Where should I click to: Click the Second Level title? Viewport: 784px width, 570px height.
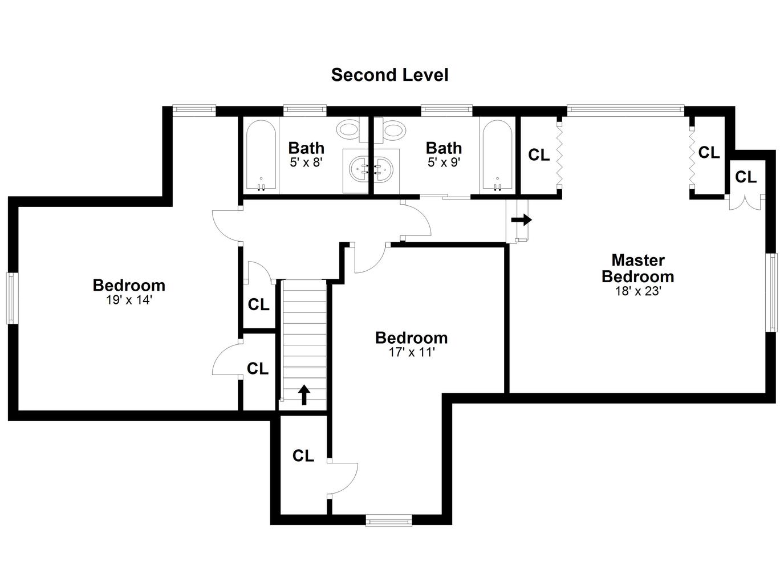coord(389,75)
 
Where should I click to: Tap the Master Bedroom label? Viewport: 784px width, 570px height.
coord(637,268)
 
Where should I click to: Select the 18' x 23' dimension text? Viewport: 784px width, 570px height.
coord(637,291)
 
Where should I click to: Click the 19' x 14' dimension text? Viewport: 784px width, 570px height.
coord(129,300)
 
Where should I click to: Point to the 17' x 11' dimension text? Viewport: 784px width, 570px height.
coord(412,352)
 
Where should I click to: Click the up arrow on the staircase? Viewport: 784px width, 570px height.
coord(304,395)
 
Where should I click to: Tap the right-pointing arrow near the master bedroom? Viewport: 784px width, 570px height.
coord(522,220)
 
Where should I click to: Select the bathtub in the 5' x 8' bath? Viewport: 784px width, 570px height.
coord(261,156)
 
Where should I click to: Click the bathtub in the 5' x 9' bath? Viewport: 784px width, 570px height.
coord(497,156)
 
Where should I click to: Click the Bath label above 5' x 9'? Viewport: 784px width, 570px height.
coord(444,148)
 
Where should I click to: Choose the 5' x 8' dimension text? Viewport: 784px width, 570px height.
coord(306,162)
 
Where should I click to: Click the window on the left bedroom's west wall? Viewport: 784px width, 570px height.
coord(12,298)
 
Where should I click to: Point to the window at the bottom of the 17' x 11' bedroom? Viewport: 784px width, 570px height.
coord(389,520)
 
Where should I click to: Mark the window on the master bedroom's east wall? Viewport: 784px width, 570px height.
coord(772,292)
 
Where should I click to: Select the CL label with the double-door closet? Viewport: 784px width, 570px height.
coord(745,177)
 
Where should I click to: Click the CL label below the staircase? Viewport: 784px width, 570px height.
coord(303,455)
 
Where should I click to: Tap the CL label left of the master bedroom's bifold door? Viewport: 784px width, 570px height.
coord(539,155)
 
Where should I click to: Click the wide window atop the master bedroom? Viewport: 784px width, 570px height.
coord(625,110)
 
